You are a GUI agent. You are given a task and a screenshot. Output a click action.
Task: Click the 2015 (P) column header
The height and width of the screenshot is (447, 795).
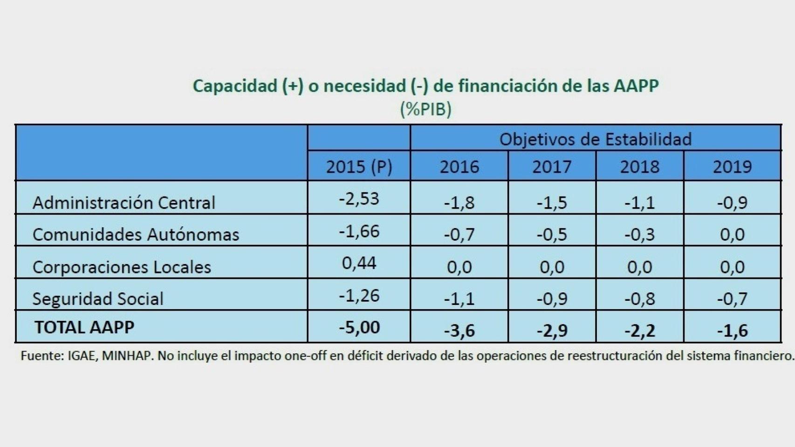tap(359, 167)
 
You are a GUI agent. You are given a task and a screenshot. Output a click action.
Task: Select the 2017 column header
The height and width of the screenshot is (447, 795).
tap(552, 167)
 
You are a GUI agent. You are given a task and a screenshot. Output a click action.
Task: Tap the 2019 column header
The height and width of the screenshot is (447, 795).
tap(732, 167)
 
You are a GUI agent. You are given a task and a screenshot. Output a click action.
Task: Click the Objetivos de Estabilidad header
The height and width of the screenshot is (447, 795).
tap(595, 139)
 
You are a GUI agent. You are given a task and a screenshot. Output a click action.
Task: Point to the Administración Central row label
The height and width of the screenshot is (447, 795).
tap(124, 203)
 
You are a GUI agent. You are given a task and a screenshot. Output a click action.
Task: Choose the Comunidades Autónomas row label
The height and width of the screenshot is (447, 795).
tap(136, 234)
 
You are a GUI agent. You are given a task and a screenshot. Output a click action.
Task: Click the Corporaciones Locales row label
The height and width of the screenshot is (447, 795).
tap(122, 267)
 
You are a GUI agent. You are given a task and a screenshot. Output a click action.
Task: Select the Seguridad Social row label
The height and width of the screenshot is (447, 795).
tap(98, 298)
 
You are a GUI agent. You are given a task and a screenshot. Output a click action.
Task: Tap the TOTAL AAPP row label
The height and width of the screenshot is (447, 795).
tap(84, 327)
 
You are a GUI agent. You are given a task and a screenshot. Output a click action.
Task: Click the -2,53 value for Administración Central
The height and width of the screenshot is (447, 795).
tap(359, 199)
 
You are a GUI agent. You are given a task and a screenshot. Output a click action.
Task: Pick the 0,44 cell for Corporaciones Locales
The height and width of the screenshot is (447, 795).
tap(359, 263)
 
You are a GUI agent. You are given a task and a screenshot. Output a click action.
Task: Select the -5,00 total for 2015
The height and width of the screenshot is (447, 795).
tap(359, 327)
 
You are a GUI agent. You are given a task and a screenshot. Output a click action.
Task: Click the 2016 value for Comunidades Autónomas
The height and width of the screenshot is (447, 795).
tap(459, 234)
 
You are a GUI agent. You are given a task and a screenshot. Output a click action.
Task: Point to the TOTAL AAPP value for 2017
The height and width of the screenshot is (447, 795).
tap(552, 331)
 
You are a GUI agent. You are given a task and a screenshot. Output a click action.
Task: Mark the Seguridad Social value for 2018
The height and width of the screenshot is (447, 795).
tap(639, 298)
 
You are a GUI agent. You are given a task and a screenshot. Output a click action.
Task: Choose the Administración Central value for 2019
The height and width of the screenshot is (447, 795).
tap(732, 203)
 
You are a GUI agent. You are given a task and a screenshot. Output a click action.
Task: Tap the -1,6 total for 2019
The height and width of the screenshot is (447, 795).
tap(732, 331)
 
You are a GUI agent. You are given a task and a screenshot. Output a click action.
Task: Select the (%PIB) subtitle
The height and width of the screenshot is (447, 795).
tap(425, 109)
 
